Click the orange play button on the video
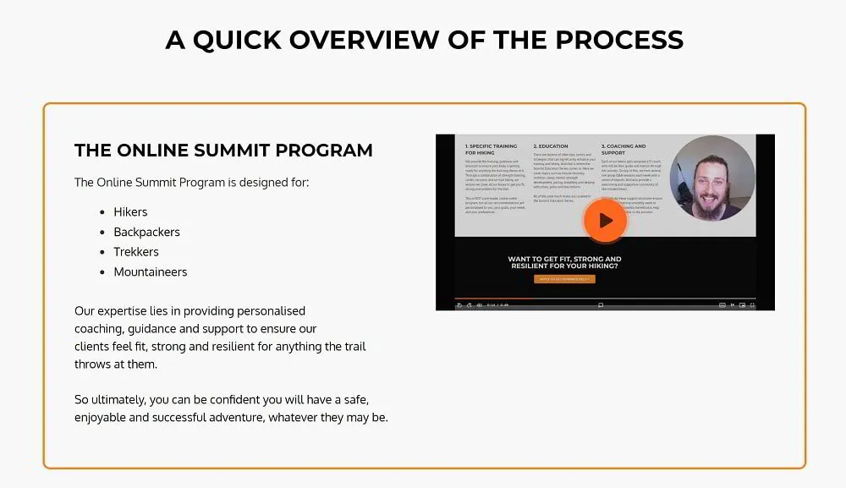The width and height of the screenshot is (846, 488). [x=604, y=221]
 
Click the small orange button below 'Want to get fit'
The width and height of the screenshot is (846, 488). [x=564, y=279]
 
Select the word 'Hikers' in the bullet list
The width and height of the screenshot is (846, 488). [x=130, y=212]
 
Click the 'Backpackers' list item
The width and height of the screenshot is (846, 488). [x=146, y=232]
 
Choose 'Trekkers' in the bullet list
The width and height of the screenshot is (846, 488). [x=136, y=252]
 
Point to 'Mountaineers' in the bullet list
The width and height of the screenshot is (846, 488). [x=151, y=272]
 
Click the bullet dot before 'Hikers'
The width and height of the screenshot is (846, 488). [x=102, y=212]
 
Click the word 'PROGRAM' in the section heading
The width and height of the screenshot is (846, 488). [x=327, y=151]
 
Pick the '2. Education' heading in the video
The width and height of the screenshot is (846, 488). [x=551, y=146]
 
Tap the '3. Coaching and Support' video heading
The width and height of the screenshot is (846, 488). [x=624, y=149]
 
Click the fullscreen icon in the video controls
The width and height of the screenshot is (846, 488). [x=752, y=304]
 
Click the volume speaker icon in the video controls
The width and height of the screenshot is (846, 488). [x=479, y=304]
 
